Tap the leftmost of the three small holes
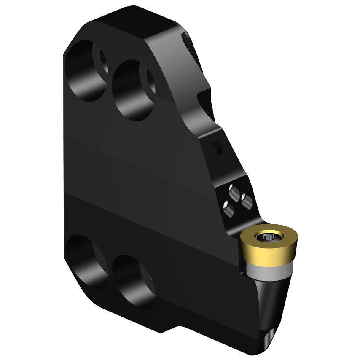(226, 206)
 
